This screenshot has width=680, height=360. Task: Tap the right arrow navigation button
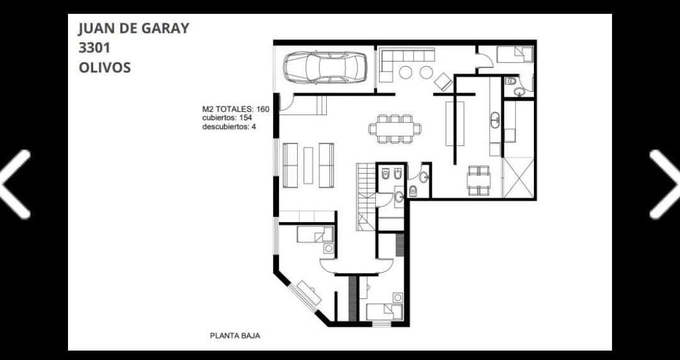pos(665,184)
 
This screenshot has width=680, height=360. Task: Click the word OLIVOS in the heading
pos(105,68)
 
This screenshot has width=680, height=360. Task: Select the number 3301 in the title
pos(94,48)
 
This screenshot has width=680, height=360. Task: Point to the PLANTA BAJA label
pos(235,335)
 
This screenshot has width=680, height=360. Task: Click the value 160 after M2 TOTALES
pos(263,109)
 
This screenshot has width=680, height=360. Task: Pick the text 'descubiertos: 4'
pos(229,127)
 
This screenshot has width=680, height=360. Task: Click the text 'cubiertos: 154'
pos(227,118)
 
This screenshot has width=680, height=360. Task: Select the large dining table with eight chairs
pos(395,129)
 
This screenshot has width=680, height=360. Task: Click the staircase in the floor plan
pos(366,196)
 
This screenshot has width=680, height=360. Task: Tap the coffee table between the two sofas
pos(308,166)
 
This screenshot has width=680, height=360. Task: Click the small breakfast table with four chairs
pos(479,181)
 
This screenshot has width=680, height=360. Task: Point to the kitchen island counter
pos(455,123)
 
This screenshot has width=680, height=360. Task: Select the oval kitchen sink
pos(495,120)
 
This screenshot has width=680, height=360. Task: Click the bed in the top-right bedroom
pos(514,55)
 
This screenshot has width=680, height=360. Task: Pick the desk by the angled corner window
pos(309,293)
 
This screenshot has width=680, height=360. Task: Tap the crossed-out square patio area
pos(518,177)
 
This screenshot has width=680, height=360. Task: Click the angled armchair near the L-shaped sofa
pos(443,82)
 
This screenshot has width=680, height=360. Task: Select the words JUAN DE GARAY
pos(133,28)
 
